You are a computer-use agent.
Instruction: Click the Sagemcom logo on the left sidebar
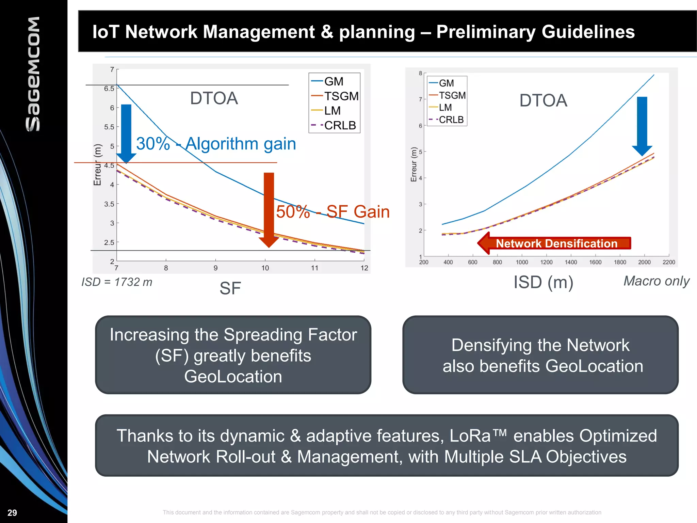pyautogui.click(x=33, y=74)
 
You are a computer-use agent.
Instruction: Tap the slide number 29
pyautogui.click(x=12, y=512)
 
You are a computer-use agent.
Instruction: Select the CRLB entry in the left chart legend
pyautogui.click(x=339, y=125)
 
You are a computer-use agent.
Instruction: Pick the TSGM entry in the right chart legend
pyautogui.click(x=452, y=95)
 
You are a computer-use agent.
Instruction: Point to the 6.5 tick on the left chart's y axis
pyautogui.click(x=109, y=89)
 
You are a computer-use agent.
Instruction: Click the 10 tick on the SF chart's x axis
pyautogui.click(x=265, y=268)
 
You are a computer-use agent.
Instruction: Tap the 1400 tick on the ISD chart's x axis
pyautogui.click(x=571, y=262)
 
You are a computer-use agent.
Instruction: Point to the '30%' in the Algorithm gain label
pyautogui.click(x=153, y=144)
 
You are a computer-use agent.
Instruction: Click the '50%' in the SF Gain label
pyautogui.click(x=293, y=212)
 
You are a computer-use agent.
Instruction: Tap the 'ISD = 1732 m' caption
pyautogui.click(x=116, y=282)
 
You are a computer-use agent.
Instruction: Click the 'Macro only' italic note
pyautogui.click(x=656, y=281)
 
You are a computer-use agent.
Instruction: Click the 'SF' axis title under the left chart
pyautogui.click(x=230, y=288)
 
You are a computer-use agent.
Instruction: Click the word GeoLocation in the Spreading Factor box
pyautogui.click(x=233, y=376)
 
